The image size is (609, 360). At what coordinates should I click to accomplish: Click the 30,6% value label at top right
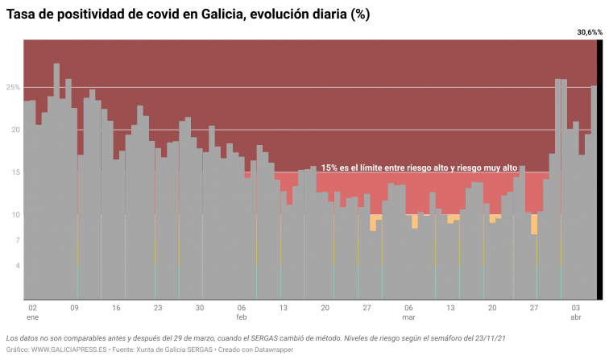(x=589, y=32)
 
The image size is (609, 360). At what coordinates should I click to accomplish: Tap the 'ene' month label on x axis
(x=32, y=318)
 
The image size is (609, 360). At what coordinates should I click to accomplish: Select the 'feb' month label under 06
(x=242, y=318)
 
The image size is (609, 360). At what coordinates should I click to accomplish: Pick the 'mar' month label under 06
(x=408, y=318)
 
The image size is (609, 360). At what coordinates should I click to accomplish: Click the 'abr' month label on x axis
(x=576, y=318)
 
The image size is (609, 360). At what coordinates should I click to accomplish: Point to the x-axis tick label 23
(x=158, y=308)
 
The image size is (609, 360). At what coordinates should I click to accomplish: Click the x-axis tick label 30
(x=200, y=308)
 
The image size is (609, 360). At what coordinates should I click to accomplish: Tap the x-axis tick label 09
(x=74, y=308)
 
